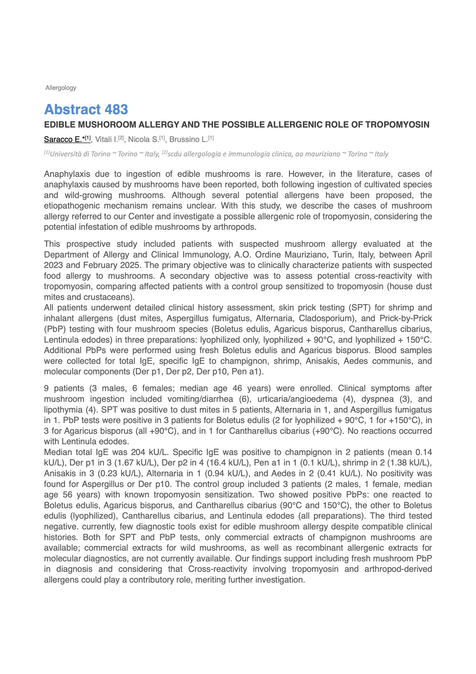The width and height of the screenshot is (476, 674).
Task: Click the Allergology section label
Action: coord(61,88)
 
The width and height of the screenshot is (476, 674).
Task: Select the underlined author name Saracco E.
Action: coord(63,139)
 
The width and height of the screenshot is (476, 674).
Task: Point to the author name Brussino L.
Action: coord(188,139)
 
